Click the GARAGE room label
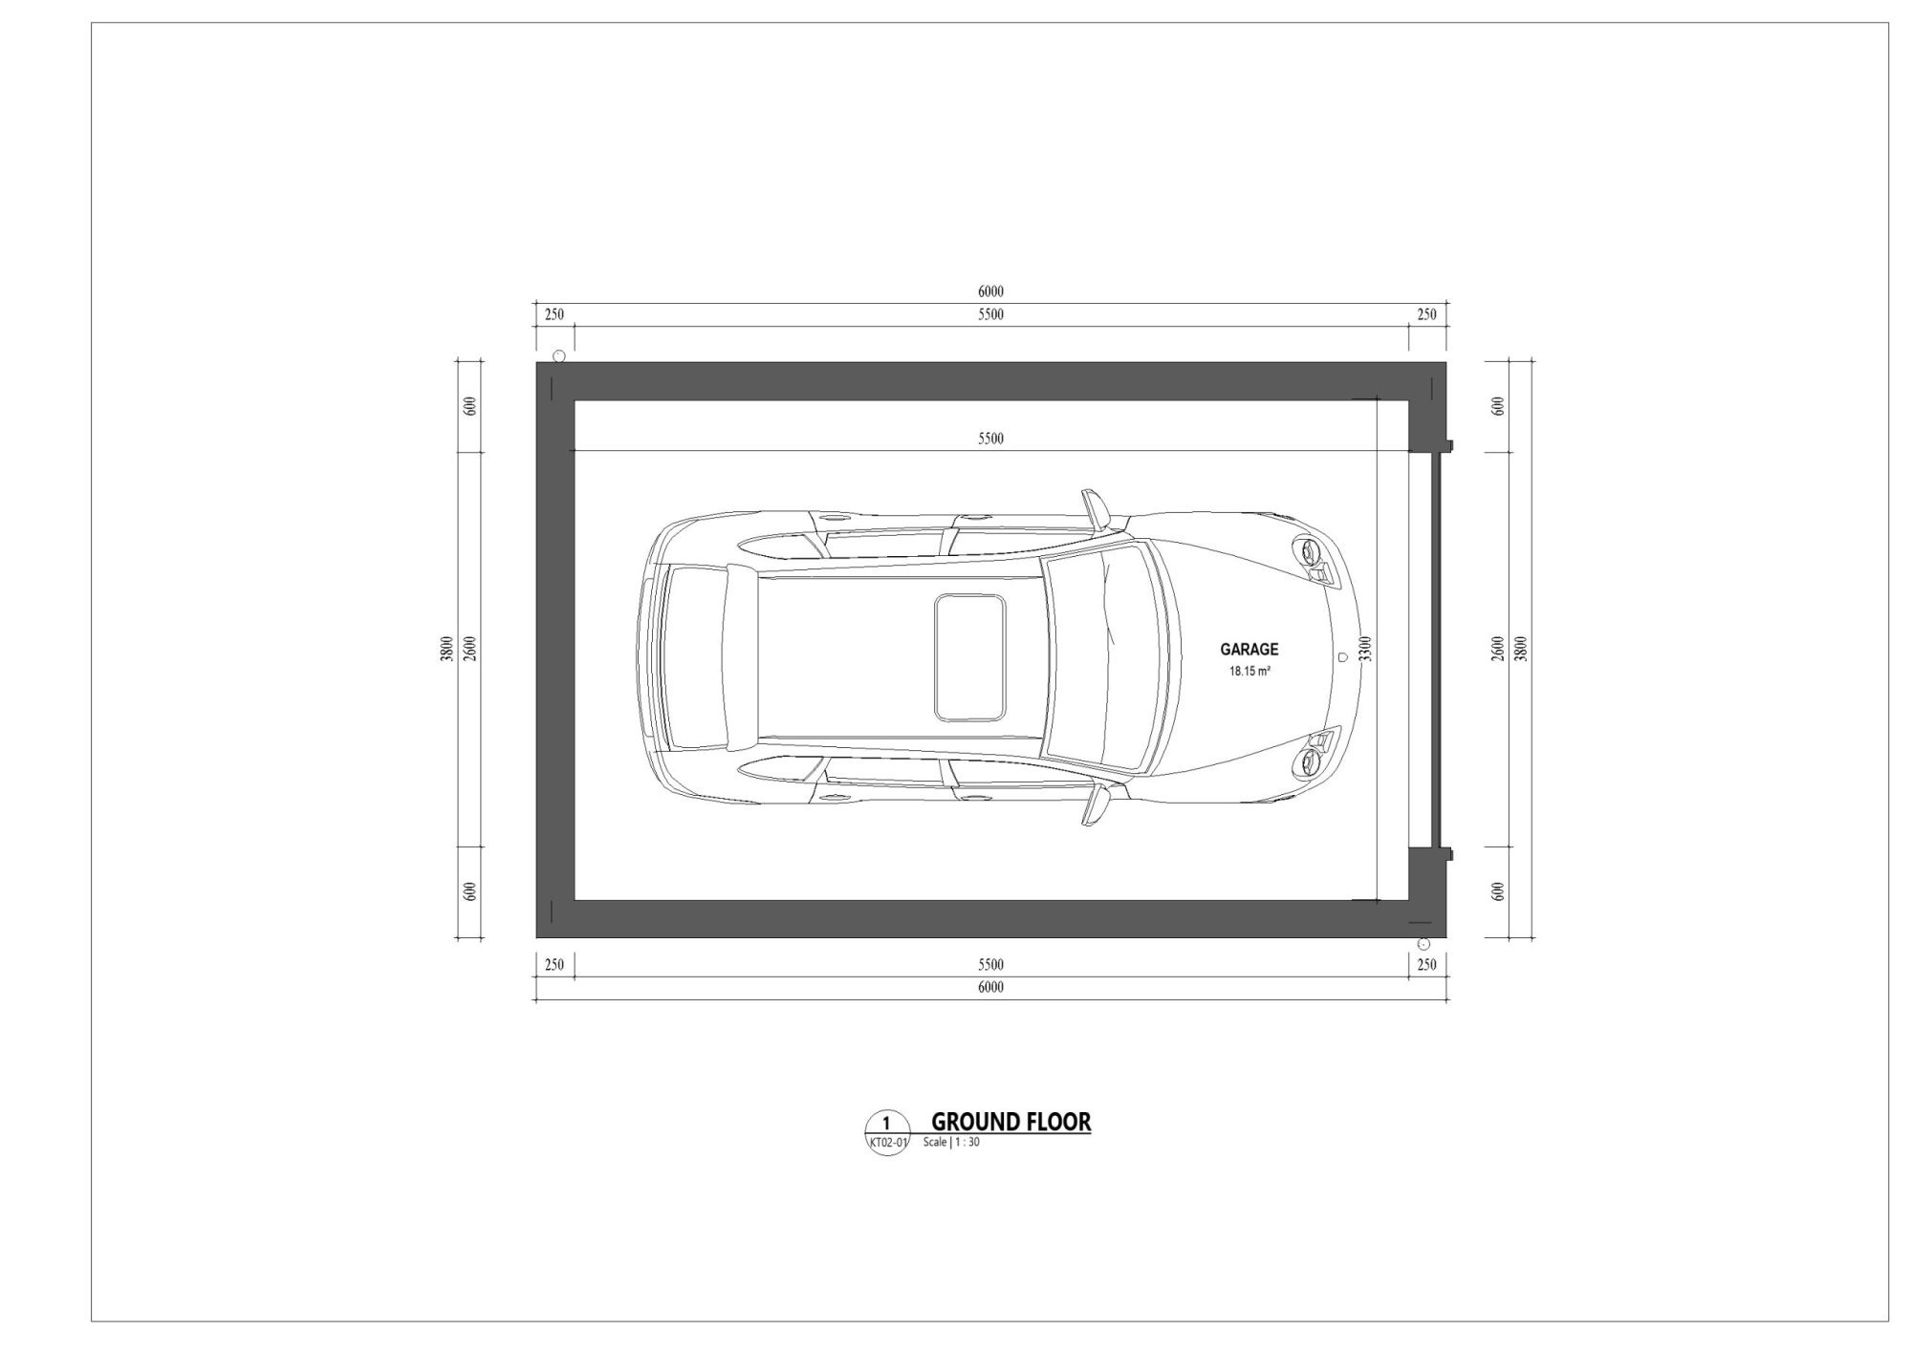pos(1249,649)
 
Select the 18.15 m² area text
pos(1249,672)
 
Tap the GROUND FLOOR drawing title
pos(1010,1122)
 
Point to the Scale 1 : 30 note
pos(951,1142)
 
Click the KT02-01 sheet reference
pos(886,1142)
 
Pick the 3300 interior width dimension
pos(1366,649)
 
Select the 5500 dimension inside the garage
pos(990,439)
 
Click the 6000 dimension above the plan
pos(990,291)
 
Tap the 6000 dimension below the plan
pos(990,987)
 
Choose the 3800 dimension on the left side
pos(446,649)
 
